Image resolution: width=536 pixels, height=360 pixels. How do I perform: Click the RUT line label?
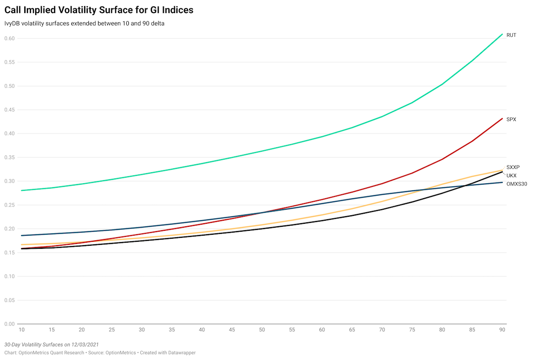pyautogui.click(x=511, y=35)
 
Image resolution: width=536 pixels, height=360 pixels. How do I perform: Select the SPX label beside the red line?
pyautogui.click(x=511, y=120)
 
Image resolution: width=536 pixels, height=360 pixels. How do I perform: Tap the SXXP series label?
pyautogui.click(x=513, y=167)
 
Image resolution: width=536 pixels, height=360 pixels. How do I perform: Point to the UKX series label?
pyautogui.click(x=511, y=175)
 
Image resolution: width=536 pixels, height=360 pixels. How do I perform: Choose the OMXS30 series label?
pyautogui.click(x=517, y=184)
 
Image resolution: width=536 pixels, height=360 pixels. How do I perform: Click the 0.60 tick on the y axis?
pyautogui.click(x=10, y=38)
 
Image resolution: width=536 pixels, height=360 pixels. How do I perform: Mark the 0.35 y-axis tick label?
pyautogui.click(x=10, y=157)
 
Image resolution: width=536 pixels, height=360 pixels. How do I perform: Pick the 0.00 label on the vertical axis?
pyautogui.click(x=10, y=324)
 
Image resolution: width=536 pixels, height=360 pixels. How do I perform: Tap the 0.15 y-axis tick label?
pyautogui.click(x=10, y=253)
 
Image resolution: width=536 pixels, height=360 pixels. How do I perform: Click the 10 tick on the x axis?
pyautogui.click(x=21, y=330)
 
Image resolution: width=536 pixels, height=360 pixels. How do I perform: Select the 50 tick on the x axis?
pyautogui.click(x=262, y=330)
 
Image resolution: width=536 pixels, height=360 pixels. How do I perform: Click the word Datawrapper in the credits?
pyautogui.click(x=180, y=353)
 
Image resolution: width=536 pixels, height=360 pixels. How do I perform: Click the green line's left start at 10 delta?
pyautogui.click(x=21, y=190)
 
